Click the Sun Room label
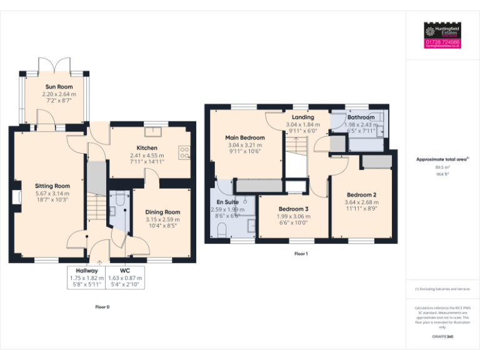pyautogui.click(x=59, y=87)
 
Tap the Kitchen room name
pyautogui.click(x=147, y=148)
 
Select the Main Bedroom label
pyautogui.click(x=245, y=137)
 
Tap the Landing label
pyautogui.click(x=302, y=117)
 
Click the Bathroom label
pyautogui.click(x=361, y=117)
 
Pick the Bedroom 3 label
pyautogui.click(x=293, y=209)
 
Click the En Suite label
pyautogui.click(x=228, y=202)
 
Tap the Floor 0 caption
pyautogui.click(x=102, y=307)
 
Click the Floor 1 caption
pyautogui.click(x=301, y=254)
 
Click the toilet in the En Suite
pyautogui.click(x=221, y=231)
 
